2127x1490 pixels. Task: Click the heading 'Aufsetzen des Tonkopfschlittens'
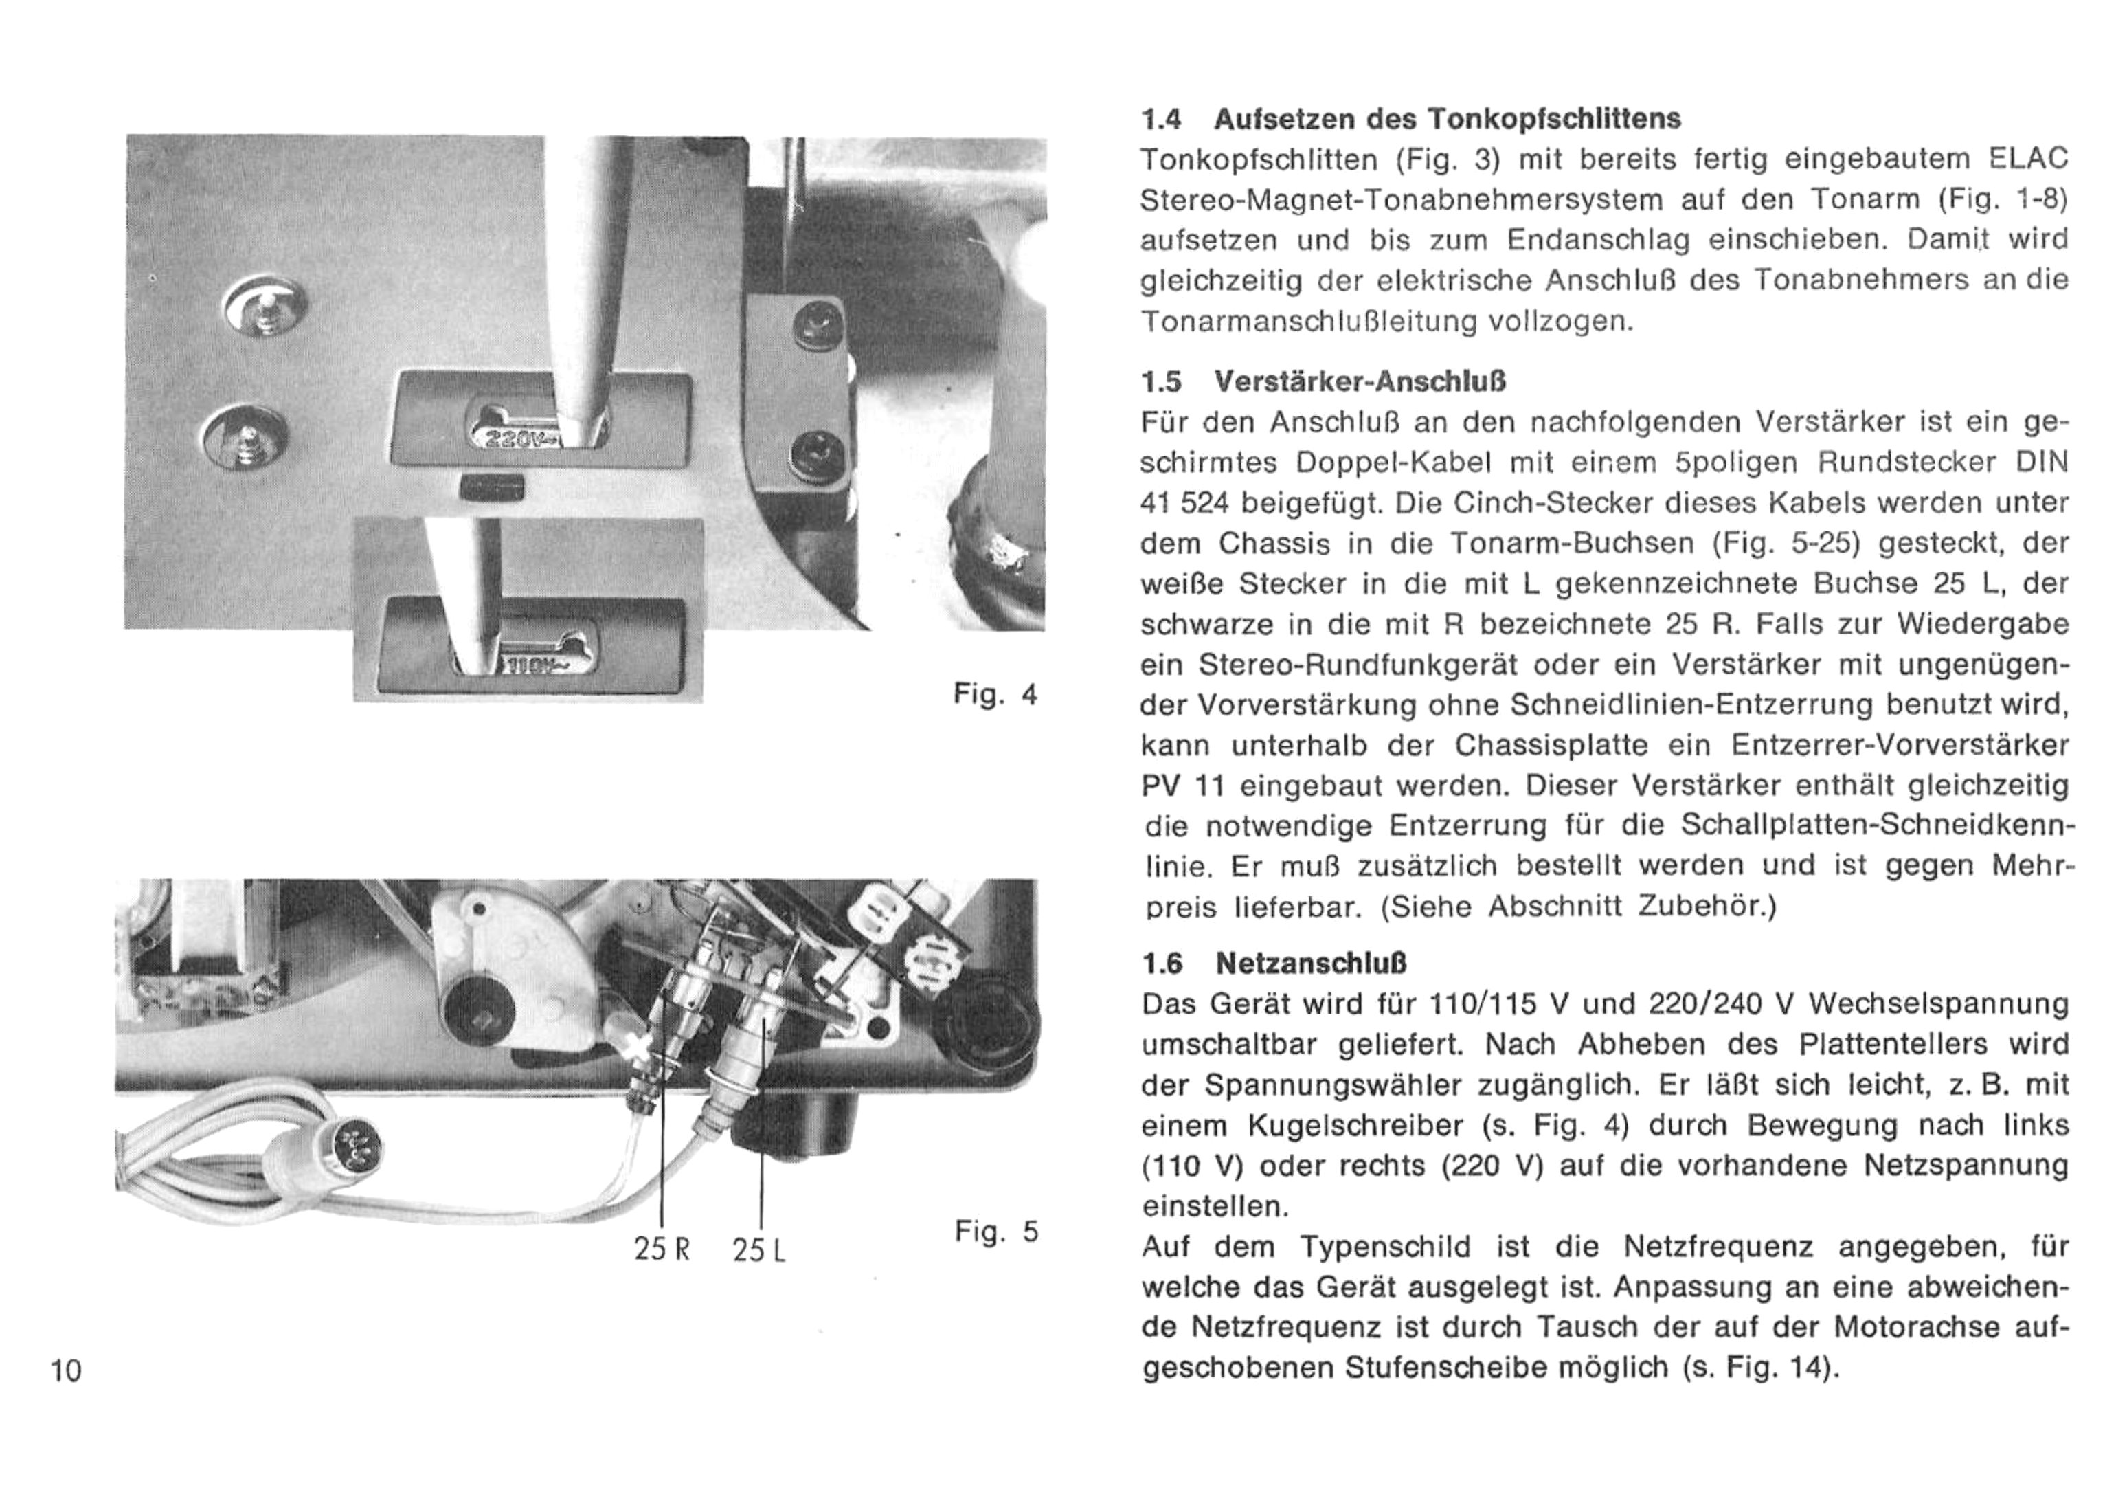1447,119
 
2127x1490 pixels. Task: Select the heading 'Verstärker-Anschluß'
1358,381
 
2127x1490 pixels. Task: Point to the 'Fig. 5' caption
997,1232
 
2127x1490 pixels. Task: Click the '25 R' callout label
662,1250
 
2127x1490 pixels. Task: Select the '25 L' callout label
758,1251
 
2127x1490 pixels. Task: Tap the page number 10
67,1370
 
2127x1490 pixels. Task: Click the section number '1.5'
1162,381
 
